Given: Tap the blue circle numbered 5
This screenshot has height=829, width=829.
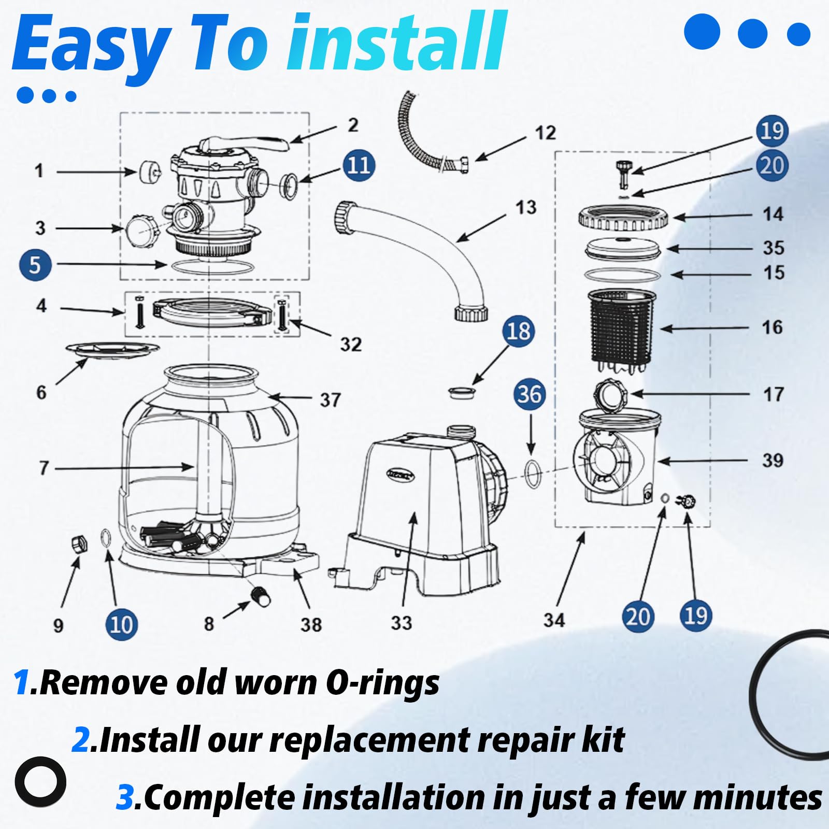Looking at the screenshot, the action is pyautogui.click(x=35, y=265).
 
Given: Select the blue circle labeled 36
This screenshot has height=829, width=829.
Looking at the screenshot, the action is pyautogui.click(x=530, y=394).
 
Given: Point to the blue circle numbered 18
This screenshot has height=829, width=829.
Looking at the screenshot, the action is pyautogui.click(x=518, y=331).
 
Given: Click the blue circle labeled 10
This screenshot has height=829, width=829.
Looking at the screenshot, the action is pyautogui.click(x=121, y=624).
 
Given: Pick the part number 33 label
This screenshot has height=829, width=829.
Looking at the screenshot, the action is pyautogui.click(x=401, y=623).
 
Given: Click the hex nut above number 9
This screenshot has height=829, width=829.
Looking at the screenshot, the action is pyautogui.click(x=79, y=545).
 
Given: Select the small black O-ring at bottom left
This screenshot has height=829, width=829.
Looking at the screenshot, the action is pyautogui.click(x=40, y=782).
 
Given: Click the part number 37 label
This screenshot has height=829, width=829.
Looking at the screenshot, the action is pyautogui.click(x=330, y=399).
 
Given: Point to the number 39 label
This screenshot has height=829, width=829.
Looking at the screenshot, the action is pyautogui.click(x=772, y=460).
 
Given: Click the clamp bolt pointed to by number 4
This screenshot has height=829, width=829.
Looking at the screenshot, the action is pyautogui.click(x=140, y=312).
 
